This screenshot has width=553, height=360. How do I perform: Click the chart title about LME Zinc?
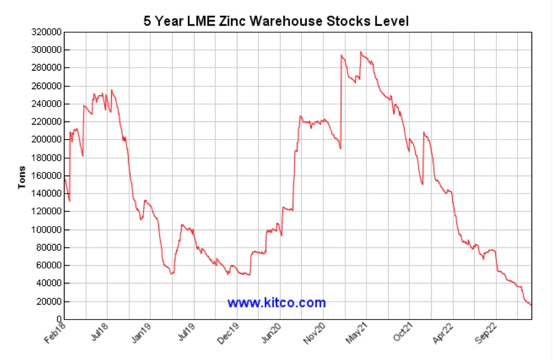(x=276, y=21)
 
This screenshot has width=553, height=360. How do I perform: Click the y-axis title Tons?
(x=22, y=177)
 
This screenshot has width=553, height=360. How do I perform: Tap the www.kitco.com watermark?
(x=276, y=303)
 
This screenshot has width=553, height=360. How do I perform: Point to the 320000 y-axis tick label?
(x=46, y=32)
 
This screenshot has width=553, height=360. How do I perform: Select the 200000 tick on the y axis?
(x=46, y=140)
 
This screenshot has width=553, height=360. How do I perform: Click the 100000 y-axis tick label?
(x=46, y=229)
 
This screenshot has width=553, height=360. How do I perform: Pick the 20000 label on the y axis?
(x=48, y=301)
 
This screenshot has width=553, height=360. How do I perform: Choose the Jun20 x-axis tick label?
(x=270, y=334)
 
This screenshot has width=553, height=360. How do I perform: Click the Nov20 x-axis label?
(x=315, y=334)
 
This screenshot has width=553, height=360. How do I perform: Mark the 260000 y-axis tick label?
(x=46, y=86)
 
